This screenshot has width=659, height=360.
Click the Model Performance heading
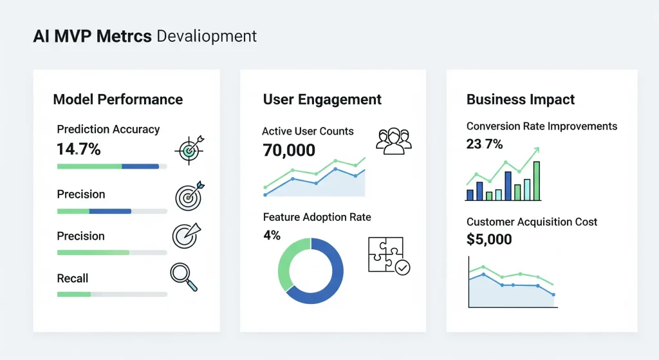click(x=118, y=100)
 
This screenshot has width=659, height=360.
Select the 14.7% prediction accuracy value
click(x=79, y=149)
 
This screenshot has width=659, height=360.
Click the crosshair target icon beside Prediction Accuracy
click(x=189, y=150)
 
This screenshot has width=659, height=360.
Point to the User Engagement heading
click(x=322, y=100)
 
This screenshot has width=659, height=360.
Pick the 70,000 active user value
click(x=289, y=151)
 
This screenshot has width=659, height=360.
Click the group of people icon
click(x=393, y=141)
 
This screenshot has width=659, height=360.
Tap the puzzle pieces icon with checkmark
click(x=388, y=256)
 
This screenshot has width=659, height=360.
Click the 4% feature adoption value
click(x=272, y=236)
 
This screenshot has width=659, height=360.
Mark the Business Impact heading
click(x=520, y=100)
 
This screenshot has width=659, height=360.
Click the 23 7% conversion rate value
click(x=484, y=144)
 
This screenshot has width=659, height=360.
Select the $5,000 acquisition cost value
click(x=489, y=240)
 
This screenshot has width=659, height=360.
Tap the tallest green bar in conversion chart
click(x=537, y=181)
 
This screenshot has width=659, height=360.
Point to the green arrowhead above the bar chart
click(x=535, y=151)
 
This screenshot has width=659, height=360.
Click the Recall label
click(x=73, y=278)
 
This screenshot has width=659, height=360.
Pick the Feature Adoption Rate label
click(x=317, y=217)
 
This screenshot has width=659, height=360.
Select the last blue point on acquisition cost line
click(x=553, y=295)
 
